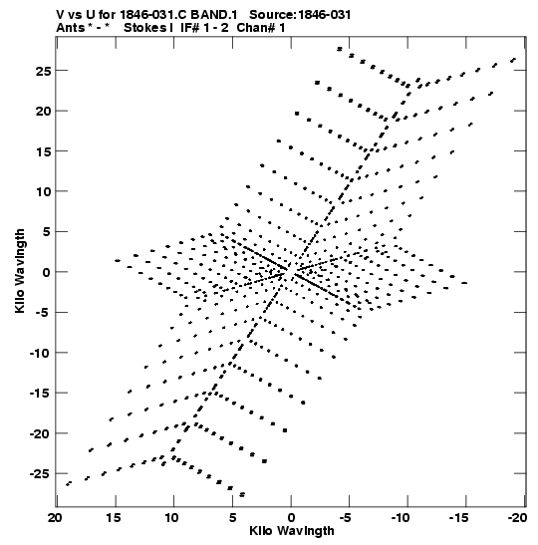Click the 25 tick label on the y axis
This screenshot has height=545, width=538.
(43, 71)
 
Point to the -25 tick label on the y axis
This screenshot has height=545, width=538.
(40, 473)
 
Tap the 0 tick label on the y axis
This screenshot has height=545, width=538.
(47, 272)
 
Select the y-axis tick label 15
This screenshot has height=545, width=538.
(44, 151)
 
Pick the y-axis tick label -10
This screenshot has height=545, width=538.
(40, 353)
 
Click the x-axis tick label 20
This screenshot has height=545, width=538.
(55, 518)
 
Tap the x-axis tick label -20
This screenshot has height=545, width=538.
(517, 518)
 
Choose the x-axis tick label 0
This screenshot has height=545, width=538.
(291, 518)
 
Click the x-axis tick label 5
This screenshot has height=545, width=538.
(232, 518)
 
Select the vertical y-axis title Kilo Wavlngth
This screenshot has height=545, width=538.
(20, 271)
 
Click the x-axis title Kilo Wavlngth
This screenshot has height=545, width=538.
(292, 531)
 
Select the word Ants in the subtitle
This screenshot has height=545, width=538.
(70, 28)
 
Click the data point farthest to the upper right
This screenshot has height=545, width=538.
(513, 60)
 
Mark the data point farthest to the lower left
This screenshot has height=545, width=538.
(69, 483)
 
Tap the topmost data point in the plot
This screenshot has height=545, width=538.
(340, 49)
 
